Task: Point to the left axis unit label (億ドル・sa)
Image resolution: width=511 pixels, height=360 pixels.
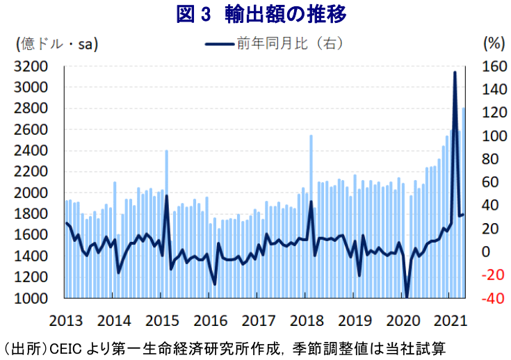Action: click(x=56, y=44)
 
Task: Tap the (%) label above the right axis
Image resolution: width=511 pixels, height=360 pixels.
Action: click(x=492, y=43)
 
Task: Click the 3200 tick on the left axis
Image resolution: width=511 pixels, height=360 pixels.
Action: click(x=32, y=67)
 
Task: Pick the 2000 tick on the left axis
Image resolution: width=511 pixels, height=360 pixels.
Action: click(x=32, y=193)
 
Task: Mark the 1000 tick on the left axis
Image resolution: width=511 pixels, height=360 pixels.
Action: click(x=32, y=299)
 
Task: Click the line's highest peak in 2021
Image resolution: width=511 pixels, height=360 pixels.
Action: click(x=455, y=72)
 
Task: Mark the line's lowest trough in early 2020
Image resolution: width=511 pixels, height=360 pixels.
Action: click(x=407, y=297)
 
